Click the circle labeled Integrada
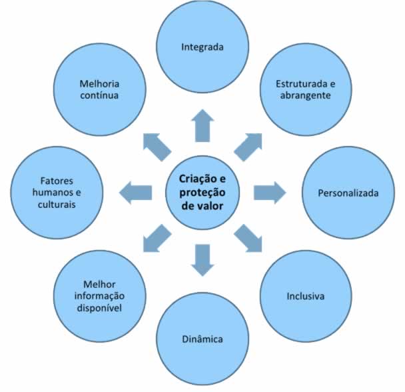pyautogui.click(x=202, y=47)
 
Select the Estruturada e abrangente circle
pyautogui.click(x=306, y=89)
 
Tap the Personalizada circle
pyautogui.click(x=348, y=193)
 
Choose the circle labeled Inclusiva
pyautogui.click(x=306, y=296)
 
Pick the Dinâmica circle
pyautogui.click(x=202, y=339)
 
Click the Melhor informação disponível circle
pyautogui.click(x=99, y=296)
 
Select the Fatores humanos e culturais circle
pyautogui.click(x=57, y=193)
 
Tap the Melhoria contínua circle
pyautogui.click(x=99, y=89)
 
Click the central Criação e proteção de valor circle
pyautogui.click(x=202, y=193)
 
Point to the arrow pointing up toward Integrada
pyautogui.click(x=202, y=126)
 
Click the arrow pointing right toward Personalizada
pyautogui.click(x=270, y=193)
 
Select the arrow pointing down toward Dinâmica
pyautogui.click(x=202, y=260)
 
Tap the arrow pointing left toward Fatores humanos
pyautogui.click(x=135, y=193)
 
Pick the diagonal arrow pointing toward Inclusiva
pyautogui.click(x=248, y=239)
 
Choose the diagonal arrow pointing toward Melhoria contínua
pyautogui.click(x=157, y=147)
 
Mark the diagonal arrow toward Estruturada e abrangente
pyautogui.click(x=248, y=147)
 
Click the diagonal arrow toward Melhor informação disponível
pyautogui.click(x=157, y=239)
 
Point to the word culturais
pyautogui.click(x=57, y=204)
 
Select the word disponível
pyautogui.click(x=99, y=308)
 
